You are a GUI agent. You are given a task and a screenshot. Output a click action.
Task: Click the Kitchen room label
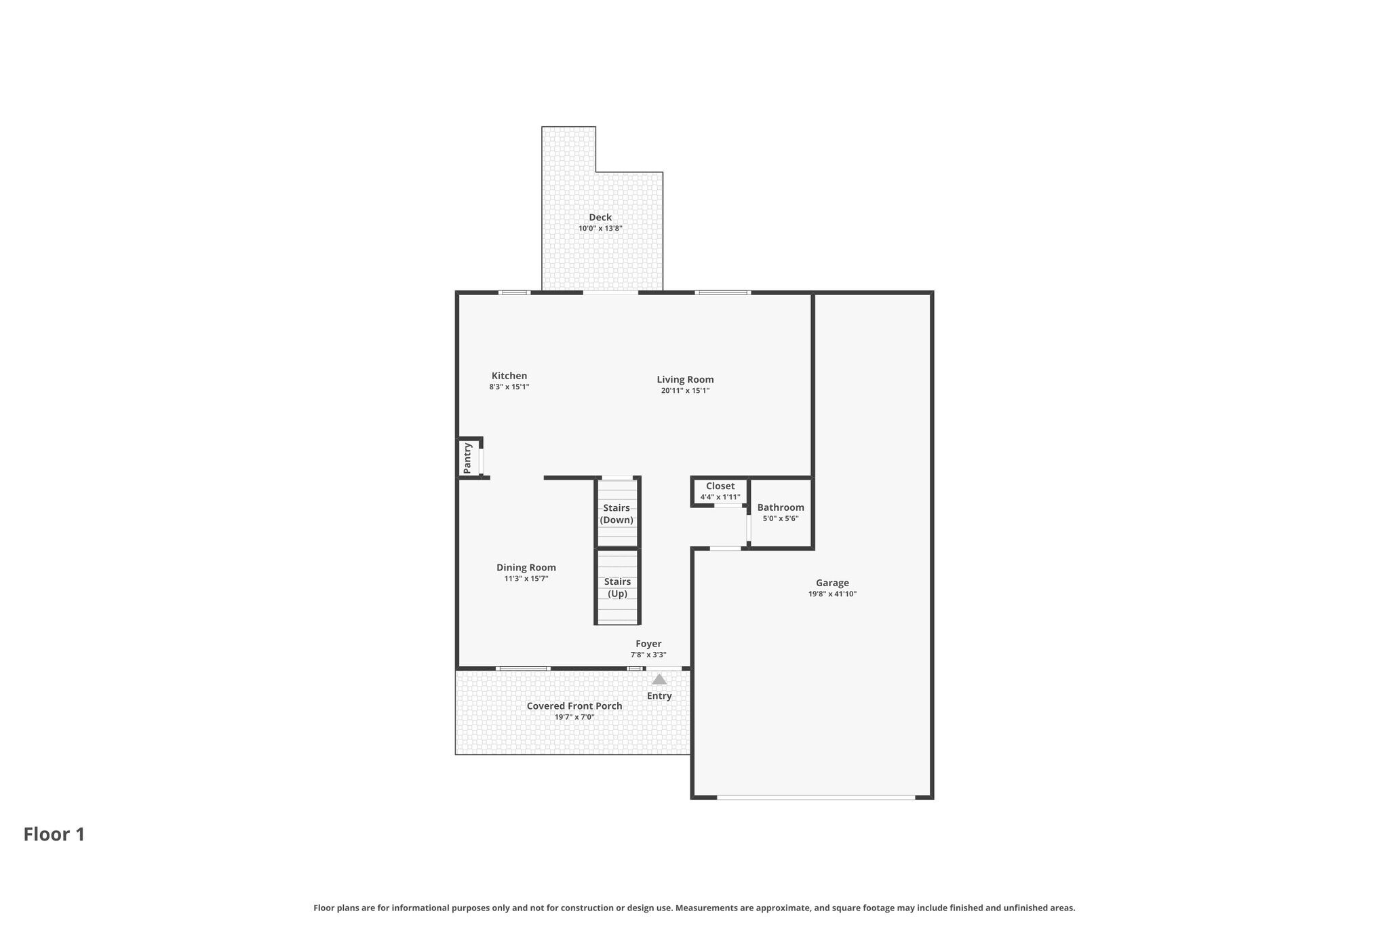click(x=509, y=376)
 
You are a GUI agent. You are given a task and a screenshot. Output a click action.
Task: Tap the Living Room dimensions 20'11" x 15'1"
click(x=685, y=391)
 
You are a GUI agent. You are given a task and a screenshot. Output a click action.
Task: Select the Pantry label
click(x=467, y=458)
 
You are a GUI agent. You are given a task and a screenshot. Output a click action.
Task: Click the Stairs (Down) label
click(x=617, y=514)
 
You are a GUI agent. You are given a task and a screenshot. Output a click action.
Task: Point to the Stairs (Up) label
click(x=617, y=587)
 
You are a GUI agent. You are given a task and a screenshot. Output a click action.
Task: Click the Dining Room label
click(x=526, y=568)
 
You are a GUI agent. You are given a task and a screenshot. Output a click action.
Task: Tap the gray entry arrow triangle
click(x=659, y=679)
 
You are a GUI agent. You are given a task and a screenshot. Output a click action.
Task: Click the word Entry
click(x=659, y=696)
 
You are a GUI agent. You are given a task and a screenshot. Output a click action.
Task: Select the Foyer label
click(x=648, y=644)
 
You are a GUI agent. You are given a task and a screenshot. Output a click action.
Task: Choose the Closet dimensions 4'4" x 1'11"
click(x=720, y=497)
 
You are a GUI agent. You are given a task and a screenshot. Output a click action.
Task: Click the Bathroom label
click(x=781, y=507)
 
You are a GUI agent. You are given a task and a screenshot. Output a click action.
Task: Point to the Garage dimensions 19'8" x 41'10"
click(x=832, y=594)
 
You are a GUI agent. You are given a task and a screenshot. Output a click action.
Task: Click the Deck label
click(x=600, y=217)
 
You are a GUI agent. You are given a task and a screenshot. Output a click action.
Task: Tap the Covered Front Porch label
click(x=574, y=706)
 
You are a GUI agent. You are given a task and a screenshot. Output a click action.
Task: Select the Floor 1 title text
click(x=54, y=834)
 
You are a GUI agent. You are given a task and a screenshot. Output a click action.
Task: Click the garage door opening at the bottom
click(x=816, y=797)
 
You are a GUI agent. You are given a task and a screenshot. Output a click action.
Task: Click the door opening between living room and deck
click(x=610, y=292)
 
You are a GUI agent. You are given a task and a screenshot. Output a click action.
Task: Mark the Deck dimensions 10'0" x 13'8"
click(x=600, y=229)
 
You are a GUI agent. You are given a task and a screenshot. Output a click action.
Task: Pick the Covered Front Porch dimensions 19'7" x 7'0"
click(x=574, y=717)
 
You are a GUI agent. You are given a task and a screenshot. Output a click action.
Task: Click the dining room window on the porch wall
click(x=522, y=669)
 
